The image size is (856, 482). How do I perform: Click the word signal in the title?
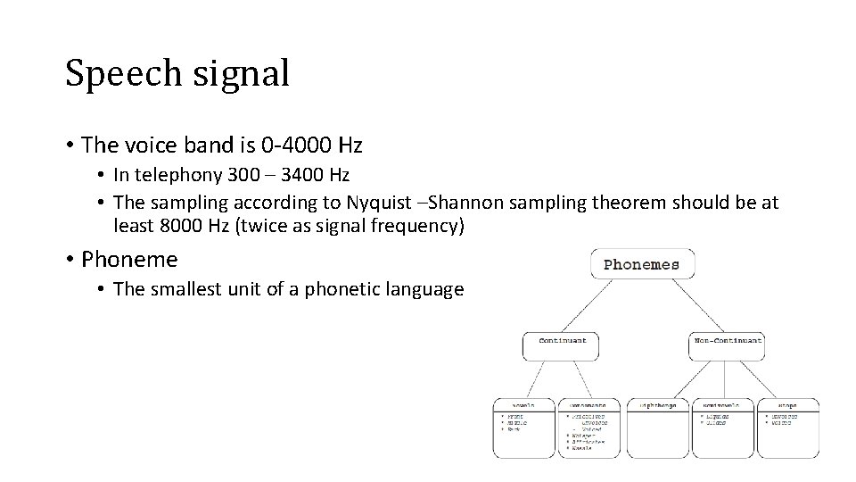240,73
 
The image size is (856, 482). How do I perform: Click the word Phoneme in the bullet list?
129,260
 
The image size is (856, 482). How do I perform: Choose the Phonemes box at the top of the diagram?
642,264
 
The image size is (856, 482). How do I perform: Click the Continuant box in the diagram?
561,341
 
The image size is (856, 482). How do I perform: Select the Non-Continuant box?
728,341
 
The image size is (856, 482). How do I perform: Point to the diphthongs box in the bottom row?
658,405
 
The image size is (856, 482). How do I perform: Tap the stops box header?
787,405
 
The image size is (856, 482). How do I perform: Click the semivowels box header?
722,405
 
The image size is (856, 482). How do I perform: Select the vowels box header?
523,405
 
